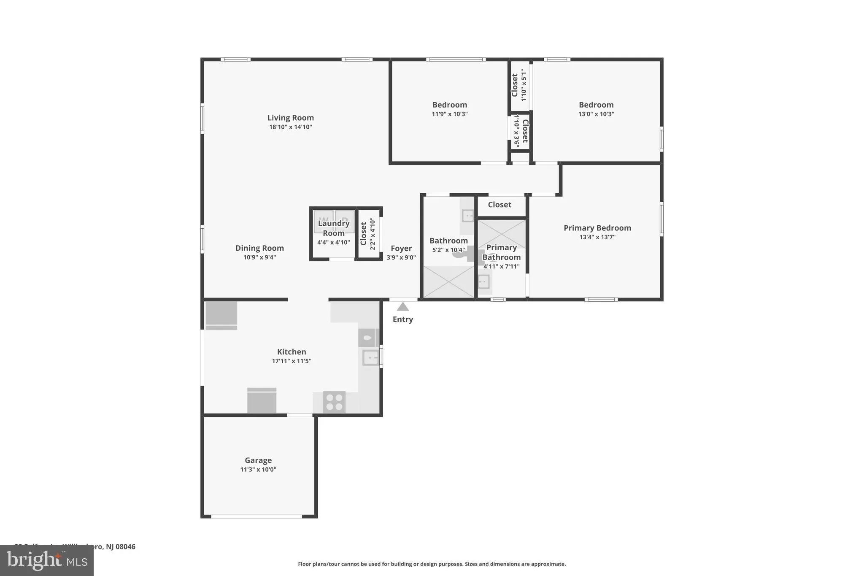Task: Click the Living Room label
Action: point(290,118)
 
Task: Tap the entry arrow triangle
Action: point(402,307)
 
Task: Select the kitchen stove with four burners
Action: point(334,402)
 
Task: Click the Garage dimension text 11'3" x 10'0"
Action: point(258,469)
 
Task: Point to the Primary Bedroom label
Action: point(597,228)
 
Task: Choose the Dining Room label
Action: point(259,248)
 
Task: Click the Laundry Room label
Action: point(333,228)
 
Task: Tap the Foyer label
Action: point(401,248)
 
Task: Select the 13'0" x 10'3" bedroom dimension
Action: point(596,114)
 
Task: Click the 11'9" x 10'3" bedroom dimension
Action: point(449,114)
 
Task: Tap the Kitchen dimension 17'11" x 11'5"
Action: point(292,361)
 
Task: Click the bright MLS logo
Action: point(47,560)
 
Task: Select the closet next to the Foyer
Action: point(368,234)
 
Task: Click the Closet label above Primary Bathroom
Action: point(499,205)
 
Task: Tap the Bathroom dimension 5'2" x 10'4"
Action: point(448,250)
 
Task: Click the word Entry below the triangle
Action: point(402,319)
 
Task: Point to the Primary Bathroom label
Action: point(501,252)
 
